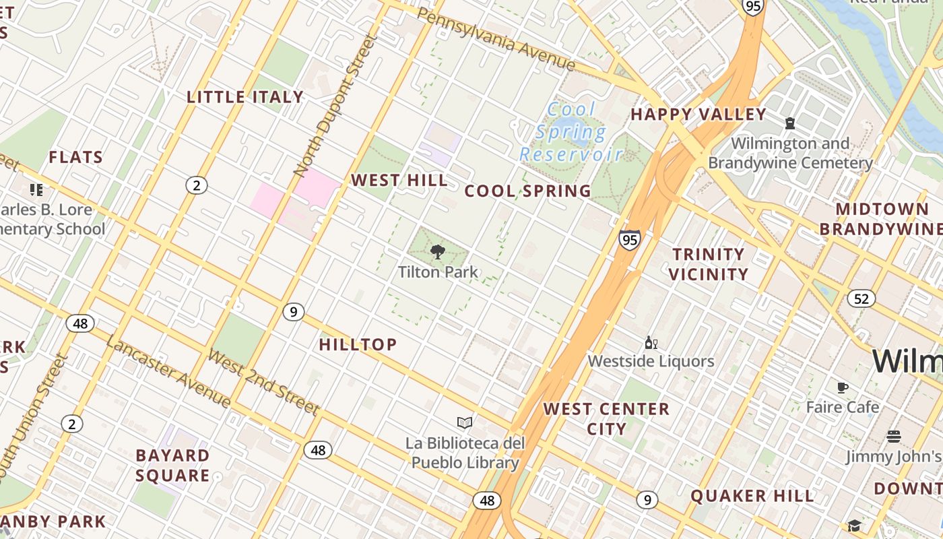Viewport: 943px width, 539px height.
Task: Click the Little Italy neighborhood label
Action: click(245, 97)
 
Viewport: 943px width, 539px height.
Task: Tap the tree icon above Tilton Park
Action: click(437, 253)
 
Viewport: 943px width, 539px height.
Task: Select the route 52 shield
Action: click(861, 298)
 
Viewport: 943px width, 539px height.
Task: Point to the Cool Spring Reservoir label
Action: click(571, 132)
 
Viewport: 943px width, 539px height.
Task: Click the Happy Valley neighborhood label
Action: click(698, 115)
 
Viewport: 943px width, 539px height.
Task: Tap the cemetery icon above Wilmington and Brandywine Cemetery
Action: click(789, 123)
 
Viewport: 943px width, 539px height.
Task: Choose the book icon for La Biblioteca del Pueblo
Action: click(464, 423)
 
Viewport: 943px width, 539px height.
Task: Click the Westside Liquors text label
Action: click(651, 361)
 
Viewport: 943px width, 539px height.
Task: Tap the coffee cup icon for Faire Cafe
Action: click(842, 387)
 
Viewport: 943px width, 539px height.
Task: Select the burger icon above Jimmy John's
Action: click(893, 437)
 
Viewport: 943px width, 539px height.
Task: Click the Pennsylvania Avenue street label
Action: click(496, 40)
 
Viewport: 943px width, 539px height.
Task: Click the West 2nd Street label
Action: click(263, 381)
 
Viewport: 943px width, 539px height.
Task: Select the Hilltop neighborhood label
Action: click(358, 345)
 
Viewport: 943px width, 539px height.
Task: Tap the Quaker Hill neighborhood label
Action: click(752, 497)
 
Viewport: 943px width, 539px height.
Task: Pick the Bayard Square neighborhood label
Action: click(172, 466)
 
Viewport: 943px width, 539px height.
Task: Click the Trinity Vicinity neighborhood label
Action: click(708, 264)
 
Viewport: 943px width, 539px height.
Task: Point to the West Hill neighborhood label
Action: click(399, 181)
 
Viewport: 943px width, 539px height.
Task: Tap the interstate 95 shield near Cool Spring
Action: click(629, 240)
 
